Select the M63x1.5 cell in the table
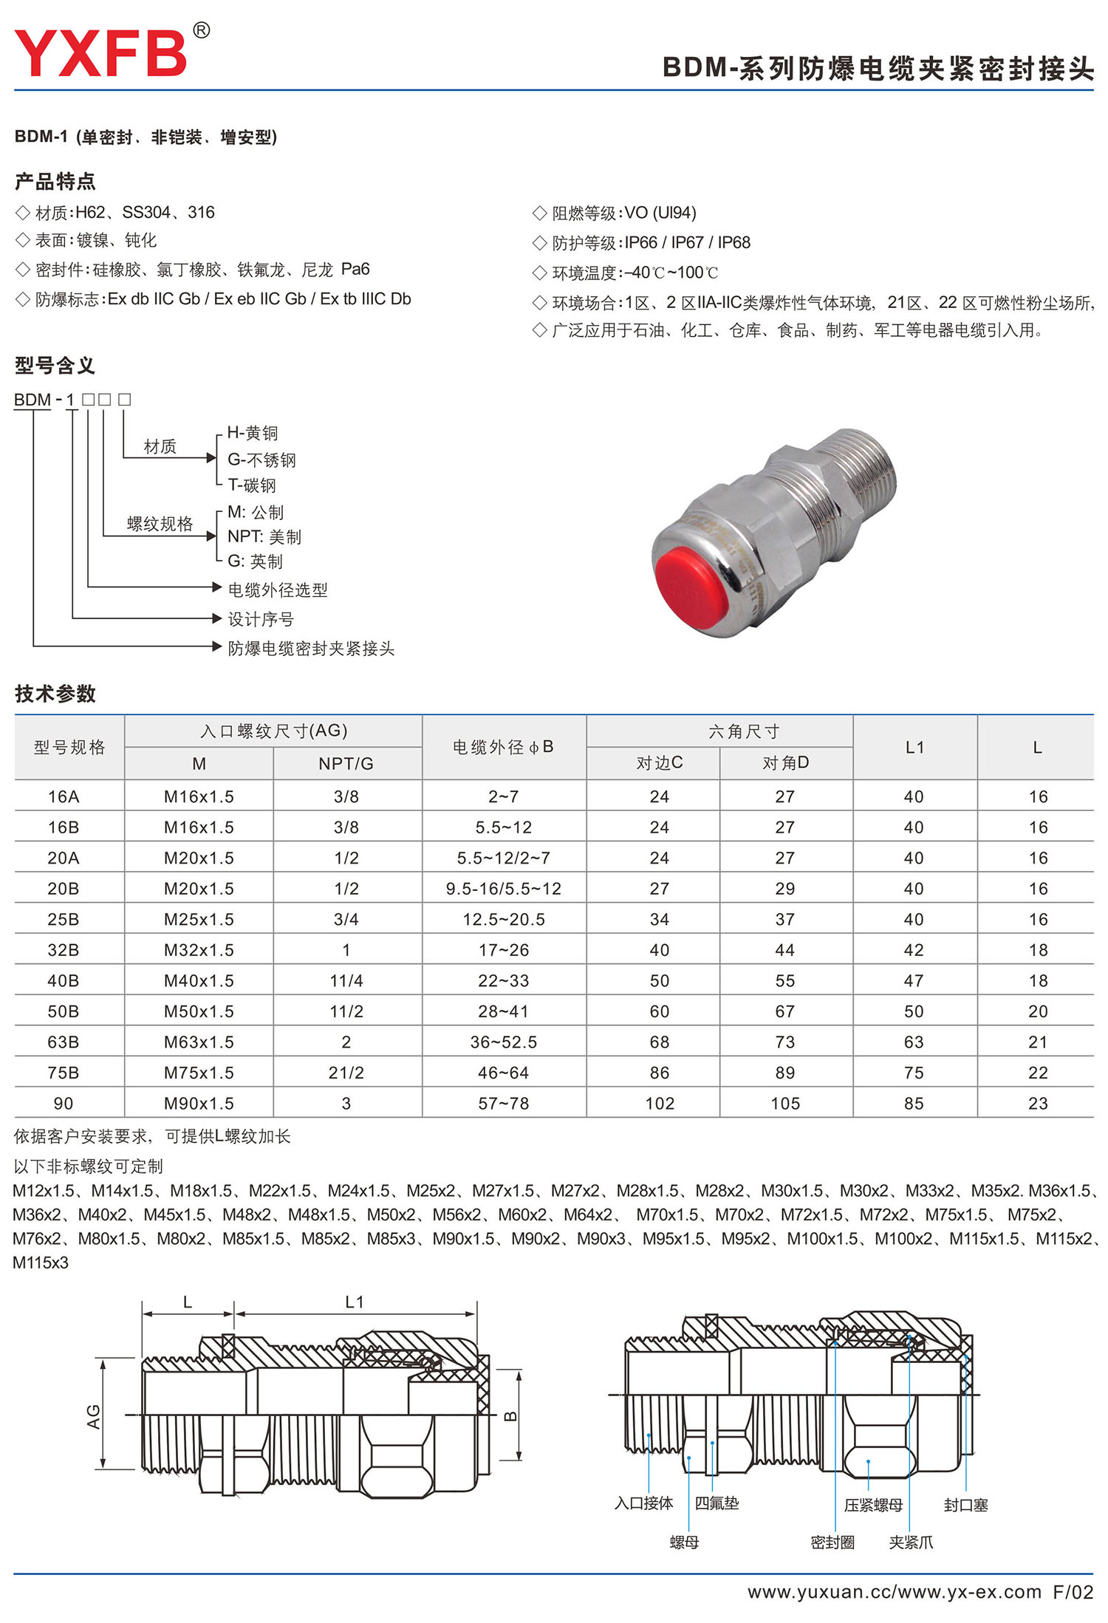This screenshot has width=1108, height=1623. tap(199, 1042)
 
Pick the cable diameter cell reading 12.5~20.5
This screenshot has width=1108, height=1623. tap(504, 919)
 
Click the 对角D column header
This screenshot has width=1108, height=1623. tap(785, 762)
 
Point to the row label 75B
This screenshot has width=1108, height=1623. tap(64, 1073)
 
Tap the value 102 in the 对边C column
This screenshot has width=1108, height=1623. tap(660, 1103)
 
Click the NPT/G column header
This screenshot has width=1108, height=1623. tap(346, 763)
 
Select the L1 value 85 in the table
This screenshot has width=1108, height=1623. tap(914, 1103)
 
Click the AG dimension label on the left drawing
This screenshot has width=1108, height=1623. tap(94, 1416)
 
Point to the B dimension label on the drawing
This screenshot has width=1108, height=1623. tap(510, 1416)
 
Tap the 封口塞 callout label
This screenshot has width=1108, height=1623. tap(965, 1505)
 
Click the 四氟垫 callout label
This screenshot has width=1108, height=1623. tap(717, 1503)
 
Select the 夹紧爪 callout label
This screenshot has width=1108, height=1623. tap(911, 1542)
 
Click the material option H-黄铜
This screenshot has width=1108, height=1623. tap(252, 433)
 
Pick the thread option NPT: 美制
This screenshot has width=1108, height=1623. tap(264, 537)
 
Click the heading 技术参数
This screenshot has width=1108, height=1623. tap(55, 694)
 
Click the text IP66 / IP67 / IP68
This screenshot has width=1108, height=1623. tap(687, 242)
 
